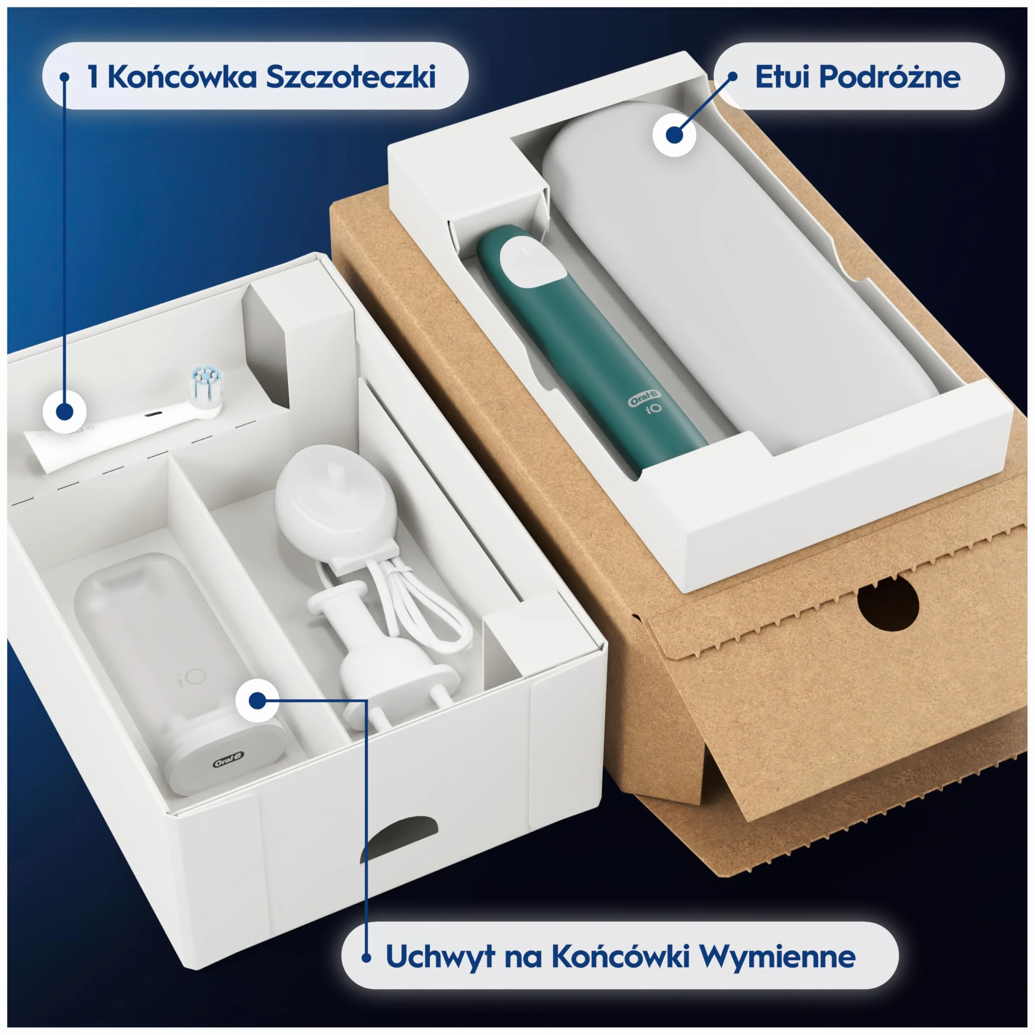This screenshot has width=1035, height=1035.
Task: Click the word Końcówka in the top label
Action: [x=182, y=77]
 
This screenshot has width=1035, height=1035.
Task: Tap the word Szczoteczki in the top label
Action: [x=351, y=77]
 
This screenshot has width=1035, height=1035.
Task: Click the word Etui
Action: [x=782, y=77]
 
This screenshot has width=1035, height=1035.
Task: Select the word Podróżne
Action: [x=890, y=77]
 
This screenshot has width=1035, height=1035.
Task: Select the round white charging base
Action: [x=336, y=501]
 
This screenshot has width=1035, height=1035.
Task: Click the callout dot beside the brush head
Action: [x=64, y=412]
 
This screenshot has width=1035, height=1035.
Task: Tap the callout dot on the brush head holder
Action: [x=257, y=700]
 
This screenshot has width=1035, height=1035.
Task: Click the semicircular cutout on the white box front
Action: [x=399, y=838]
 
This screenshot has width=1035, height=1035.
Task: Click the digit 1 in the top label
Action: [x=93, y=77]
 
